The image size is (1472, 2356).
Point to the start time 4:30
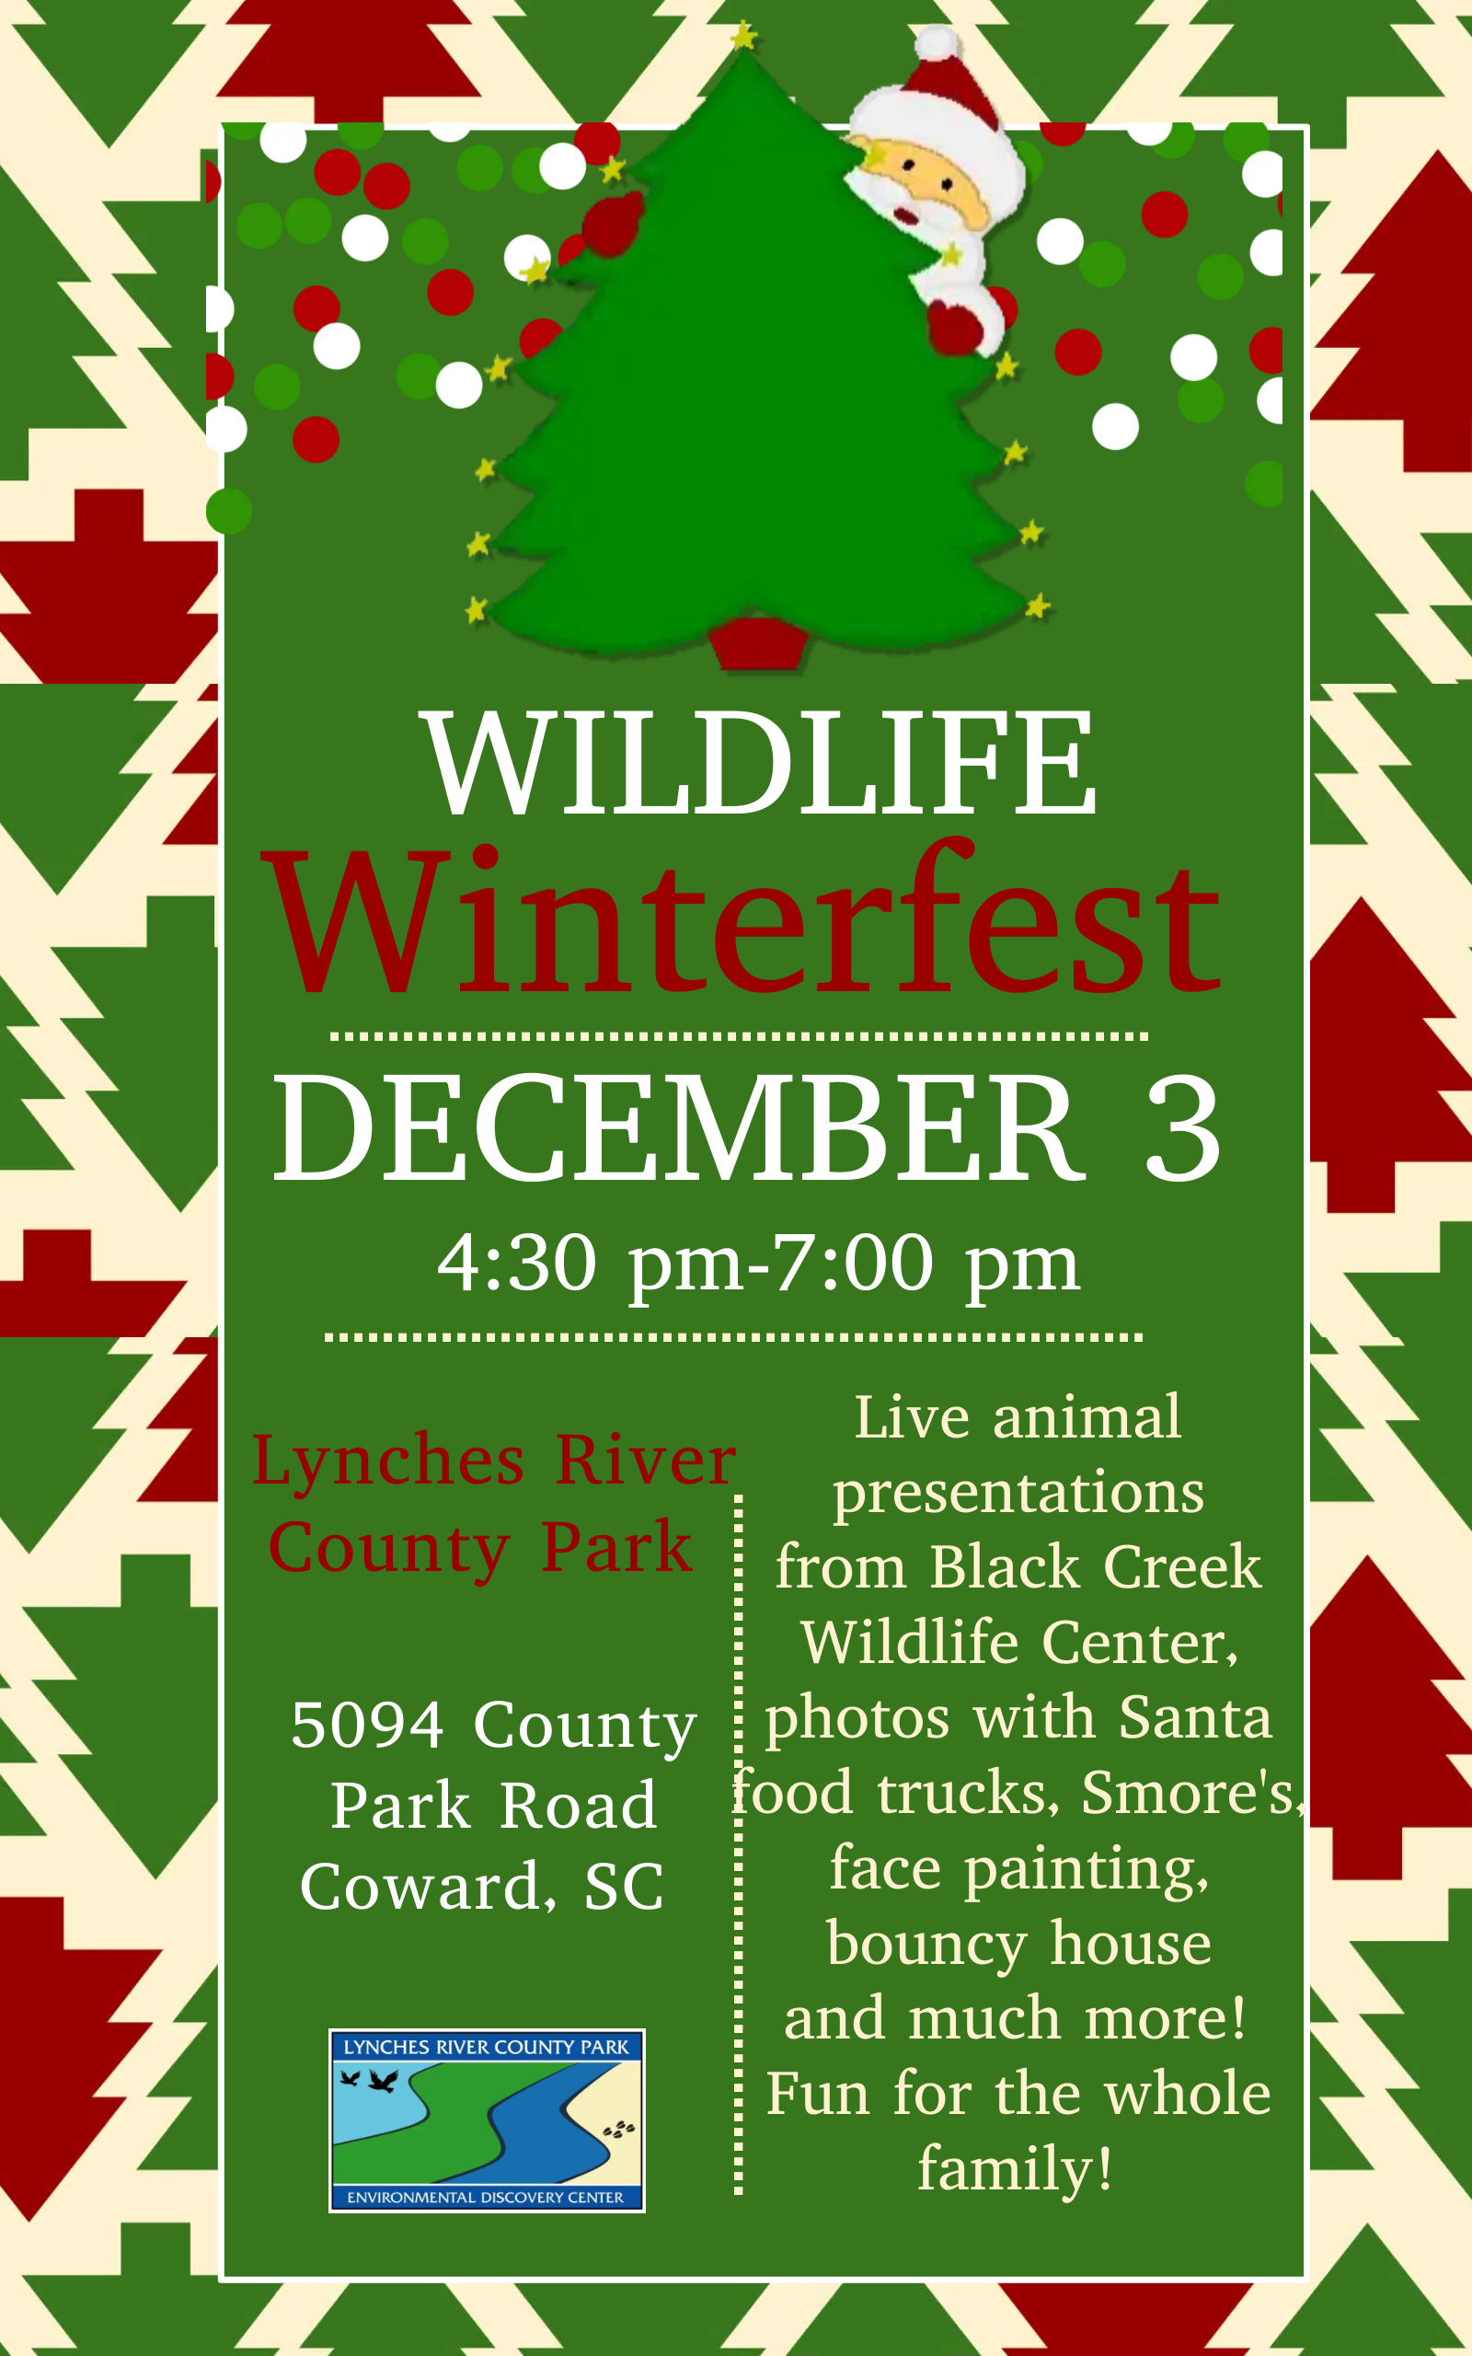517,1263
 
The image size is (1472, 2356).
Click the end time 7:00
854,1263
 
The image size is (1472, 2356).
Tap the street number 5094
367,1727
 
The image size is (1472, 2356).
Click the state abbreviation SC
624,1887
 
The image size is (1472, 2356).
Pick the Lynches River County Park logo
487,2119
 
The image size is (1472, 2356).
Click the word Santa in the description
1194,1716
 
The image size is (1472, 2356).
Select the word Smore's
1192,1793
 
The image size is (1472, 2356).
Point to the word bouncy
926,1945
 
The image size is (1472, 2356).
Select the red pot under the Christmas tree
757,642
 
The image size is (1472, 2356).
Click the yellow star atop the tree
743,37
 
